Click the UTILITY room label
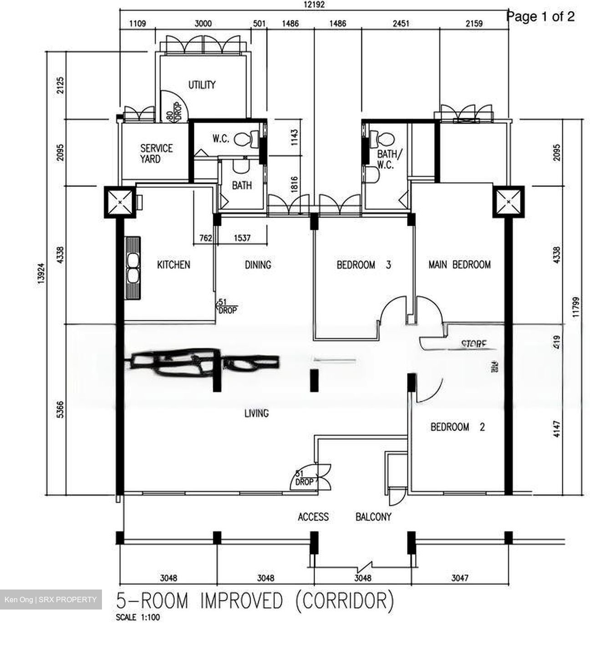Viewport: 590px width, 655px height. pos(202,85)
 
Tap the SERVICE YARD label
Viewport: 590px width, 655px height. pos(156,153)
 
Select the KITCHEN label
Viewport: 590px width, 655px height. pos(173,264)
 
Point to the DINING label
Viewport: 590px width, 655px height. pos(258,264)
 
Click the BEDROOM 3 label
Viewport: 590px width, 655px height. pos(363,264)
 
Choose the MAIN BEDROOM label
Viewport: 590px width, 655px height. pos(459,264)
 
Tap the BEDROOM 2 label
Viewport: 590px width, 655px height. pos(457,427)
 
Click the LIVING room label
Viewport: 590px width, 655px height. pos(256,413)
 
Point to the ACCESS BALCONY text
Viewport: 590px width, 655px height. pos(344,517)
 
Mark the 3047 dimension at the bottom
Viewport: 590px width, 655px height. pos(459,578)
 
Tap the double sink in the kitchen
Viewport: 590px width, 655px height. pos(133,267)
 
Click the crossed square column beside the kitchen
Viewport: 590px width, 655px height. pos(120,202)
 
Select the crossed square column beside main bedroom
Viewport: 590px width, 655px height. pos(509,202)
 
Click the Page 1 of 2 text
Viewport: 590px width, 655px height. pos(540,17)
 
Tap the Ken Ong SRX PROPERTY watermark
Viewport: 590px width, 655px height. pos(51,600)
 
